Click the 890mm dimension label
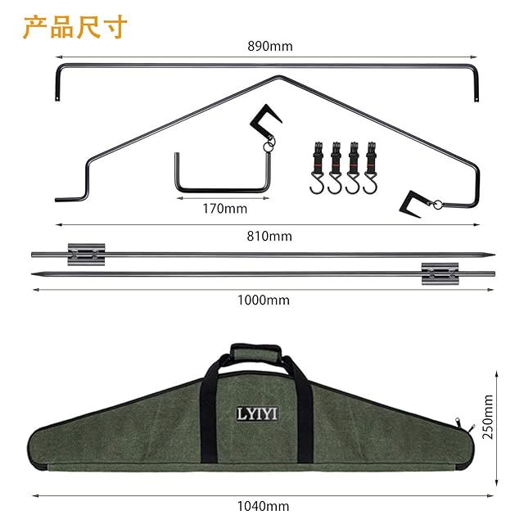click(x=269, y=47)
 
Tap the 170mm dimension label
click(x=224, y=208)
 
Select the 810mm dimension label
click(x=269, y=237)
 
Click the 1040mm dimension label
click(x=264, y=507)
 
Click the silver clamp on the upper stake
click(x=87, y=254)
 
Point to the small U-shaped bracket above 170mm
click(x=223, y=174)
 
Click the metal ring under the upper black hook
click(x=268, y=147)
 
